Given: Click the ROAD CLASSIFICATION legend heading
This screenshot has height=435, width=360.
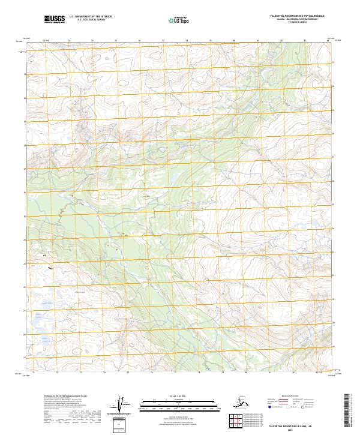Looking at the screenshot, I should pyautogui.click(x=303, y=396).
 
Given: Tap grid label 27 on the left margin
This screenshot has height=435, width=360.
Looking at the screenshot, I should pyautogui.click(x=25, y=146).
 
